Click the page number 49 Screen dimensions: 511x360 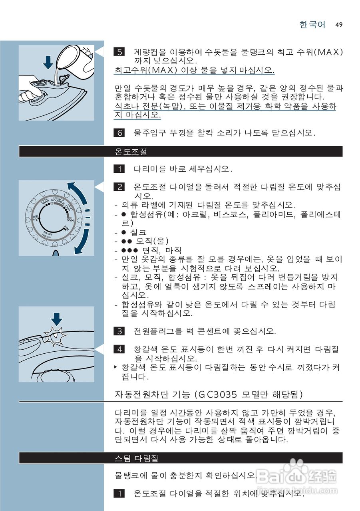pyautogui.click(x=339, y=25)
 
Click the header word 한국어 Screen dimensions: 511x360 pyautogui.click(x=312, y=25)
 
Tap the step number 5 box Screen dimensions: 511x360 pyautogui.click(x=119, y=52)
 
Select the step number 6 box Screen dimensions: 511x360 pyautogui.click(x=119, y=133)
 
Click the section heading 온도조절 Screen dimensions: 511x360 pyautogui.click(x=131, y=152)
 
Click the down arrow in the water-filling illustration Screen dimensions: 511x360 pyautogui.click(x=49, y=62)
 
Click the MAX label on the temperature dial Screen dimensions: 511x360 pyautogui.click(x=71, y=220)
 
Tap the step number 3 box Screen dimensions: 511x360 pyautogui.click(x=119, y=331)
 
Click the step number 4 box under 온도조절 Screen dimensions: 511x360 pyautogui.click(x=119, y=350)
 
